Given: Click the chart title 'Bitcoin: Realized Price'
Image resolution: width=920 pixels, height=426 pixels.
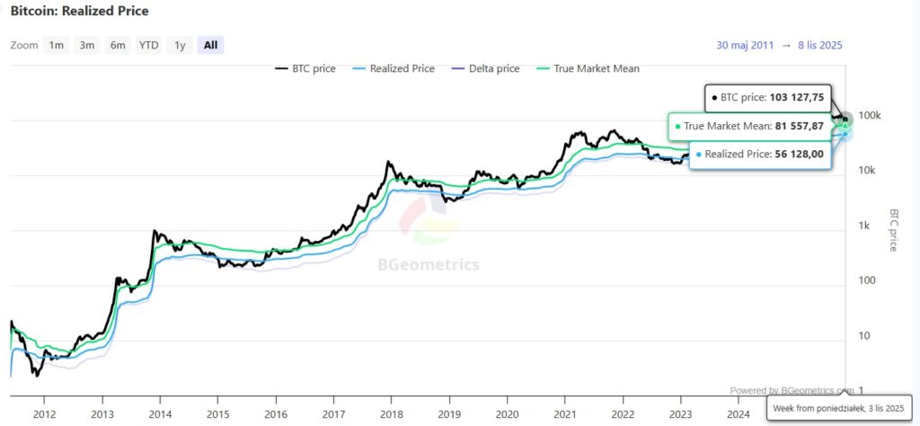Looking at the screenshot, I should pos(80,12).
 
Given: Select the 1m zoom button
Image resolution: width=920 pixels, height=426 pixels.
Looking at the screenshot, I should pos(57,45).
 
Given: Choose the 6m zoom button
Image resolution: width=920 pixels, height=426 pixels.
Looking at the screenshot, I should pos(118,45).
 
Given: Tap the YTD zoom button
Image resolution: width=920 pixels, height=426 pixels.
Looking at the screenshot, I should pos(148,45).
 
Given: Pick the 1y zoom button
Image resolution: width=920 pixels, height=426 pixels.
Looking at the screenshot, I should pos(180,45).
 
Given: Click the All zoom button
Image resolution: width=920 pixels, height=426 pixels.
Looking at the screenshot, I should pos(210,45).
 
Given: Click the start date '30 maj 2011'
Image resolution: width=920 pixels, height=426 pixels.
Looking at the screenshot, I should pos(746,45).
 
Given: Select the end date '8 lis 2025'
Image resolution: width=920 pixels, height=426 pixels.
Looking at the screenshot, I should pos(819,45).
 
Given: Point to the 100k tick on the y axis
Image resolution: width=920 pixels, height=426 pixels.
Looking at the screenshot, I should pos(870,116).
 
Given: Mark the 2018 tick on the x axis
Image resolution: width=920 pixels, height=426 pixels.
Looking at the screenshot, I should pos(392,413).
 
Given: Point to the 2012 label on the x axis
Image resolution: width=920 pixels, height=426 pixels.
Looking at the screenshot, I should pos(44,413).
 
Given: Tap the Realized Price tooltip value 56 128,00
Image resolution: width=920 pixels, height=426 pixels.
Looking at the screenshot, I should pos(796,154).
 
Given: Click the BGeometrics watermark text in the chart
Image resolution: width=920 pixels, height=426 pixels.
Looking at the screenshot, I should pos(427,265).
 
